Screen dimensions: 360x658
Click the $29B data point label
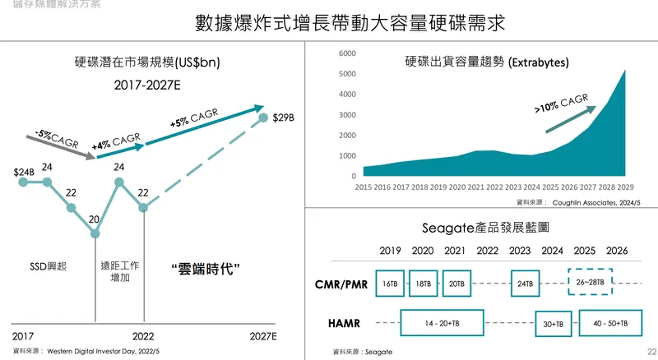pos(284,118)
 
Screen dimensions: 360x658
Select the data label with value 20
pos(94,219)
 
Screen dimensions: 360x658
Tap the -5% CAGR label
pos(58,138)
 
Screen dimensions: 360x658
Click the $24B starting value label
pos(24,173)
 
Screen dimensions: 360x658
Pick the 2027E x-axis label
pos(263,336)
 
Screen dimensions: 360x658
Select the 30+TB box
pos(553,324)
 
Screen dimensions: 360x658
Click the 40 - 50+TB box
pos(609,324)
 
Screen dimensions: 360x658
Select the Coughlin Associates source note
pos(577,201)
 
